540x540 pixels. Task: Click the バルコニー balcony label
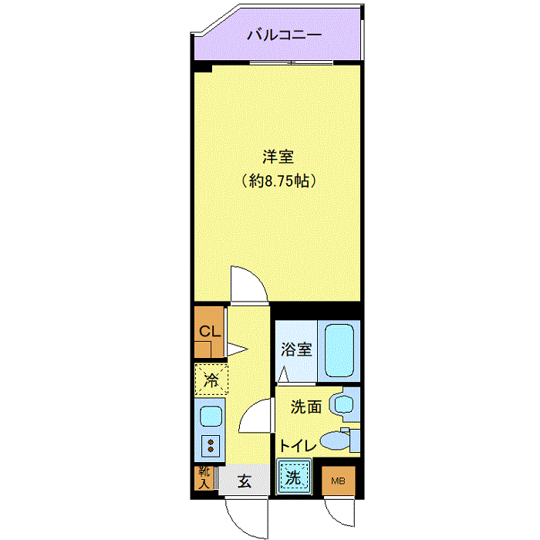pos(285,35)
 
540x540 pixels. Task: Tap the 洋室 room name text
pos(278,157)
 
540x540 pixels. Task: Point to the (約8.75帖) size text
pos(278,181)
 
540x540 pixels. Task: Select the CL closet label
pos(210,331)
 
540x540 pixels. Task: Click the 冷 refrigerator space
pos(211,380)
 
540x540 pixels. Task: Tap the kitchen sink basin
pos(211,416)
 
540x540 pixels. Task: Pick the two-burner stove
pos(211,446)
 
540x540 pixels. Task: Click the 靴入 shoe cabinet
pos(204,478)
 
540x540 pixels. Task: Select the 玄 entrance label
pos(245,481)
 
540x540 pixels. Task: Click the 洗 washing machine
pos(294,477)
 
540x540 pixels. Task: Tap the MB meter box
pos(338,481)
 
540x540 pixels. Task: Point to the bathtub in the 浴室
pos(339,350)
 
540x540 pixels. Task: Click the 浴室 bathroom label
pos(296,349)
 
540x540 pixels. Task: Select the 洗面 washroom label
pos(306,407)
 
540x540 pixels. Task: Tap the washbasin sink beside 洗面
pos(343,403)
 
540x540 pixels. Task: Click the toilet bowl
pos(335,440)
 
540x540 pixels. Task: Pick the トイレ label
pos(298,446)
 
